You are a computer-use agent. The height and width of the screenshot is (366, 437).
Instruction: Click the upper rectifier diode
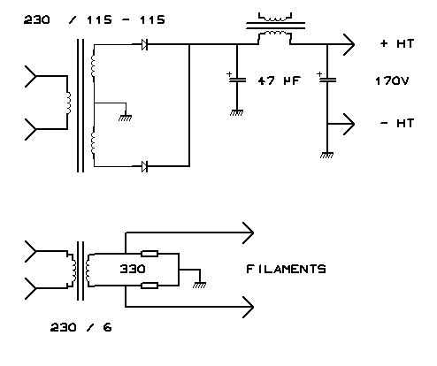click(144, 44)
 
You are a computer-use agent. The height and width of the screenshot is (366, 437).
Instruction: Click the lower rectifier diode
click(144, 166)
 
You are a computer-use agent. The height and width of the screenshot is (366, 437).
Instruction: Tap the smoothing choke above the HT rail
click(275, 29)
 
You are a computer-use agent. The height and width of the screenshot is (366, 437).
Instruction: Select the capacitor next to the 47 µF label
click(237, 80)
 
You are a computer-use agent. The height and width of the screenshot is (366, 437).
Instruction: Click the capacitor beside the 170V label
click(327, 80)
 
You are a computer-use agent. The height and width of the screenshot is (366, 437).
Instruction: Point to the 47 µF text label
click(280, 80)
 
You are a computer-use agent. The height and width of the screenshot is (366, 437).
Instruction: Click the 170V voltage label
click(392, 80)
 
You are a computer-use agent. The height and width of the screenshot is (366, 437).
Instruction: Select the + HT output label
click(397, 43)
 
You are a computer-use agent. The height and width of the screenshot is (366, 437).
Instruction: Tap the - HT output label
click(397, 123)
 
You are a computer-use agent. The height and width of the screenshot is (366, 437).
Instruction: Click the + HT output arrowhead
click(349, 44)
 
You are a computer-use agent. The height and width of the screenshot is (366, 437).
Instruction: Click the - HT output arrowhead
click(349, 124)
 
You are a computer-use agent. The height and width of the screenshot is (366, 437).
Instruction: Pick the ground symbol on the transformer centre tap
click(126, 118)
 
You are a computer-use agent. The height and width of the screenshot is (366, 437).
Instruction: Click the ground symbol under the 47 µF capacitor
click(236, 113)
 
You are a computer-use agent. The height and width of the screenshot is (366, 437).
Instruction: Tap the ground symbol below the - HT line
click(326, 155)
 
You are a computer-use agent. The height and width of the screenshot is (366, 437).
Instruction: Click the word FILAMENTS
click(286, 269)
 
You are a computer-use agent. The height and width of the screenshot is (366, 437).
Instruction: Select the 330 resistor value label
click(133, 269)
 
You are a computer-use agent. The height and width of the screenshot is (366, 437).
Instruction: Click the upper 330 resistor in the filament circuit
click(149, 254)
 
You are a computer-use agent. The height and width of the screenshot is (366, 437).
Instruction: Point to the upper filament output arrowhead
click(249, 233)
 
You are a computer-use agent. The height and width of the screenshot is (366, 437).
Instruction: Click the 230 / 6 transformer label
click(80, 327)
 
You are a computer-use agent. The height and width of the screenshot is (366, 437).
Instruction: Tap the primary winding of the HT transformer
click(69, 103)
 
